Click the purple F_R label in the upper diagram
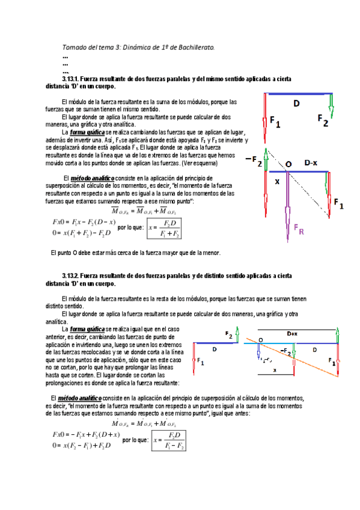tap(298, 229)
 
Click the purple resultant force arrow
tap(287, 204)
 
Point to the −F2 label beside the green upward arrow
tap(254, 160)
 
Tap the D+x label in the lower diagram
tap(293, 333)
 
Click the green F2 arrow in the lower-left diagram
tap(238, 334)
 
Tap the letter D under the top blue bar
tap(296, 104)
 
